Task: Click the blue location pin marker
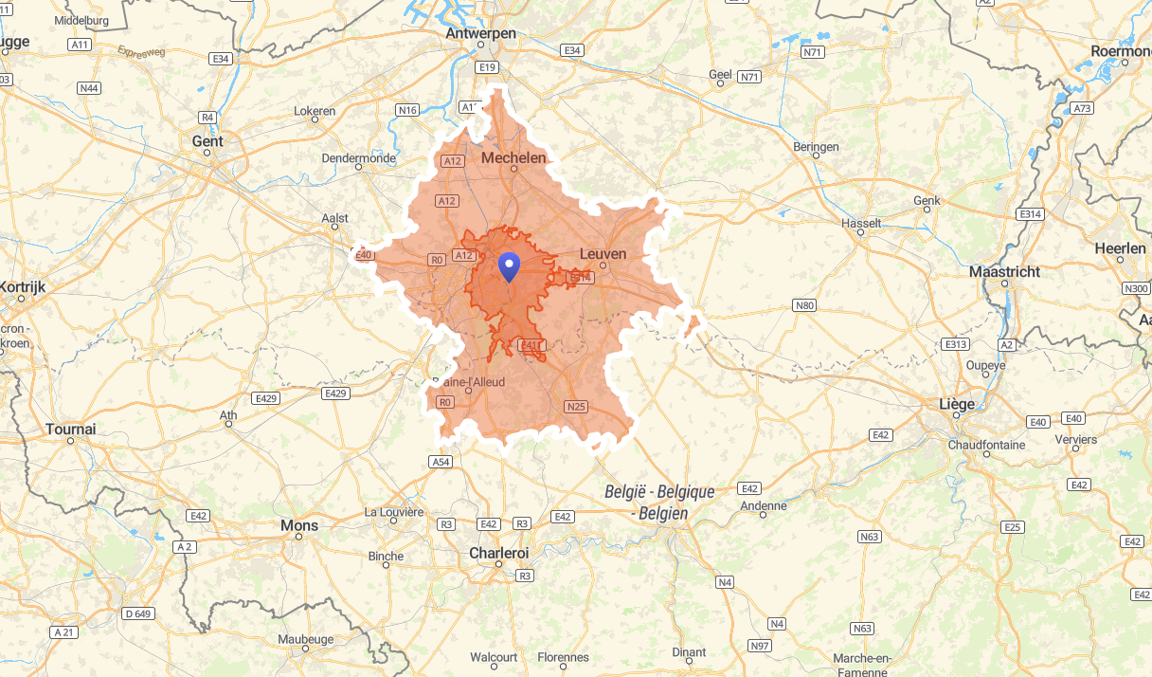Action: (x=510, y=267)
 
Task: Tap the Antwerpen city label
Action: (x=481, y=34)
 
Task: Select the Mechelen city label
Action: (x=514, y=158)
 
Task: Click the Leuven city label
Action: (x=603, y=254)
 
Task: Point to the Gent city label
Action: (x=207, y=141)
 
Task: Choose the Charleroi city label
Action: (x=498, y=553)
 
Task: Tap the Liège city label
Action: (x=956, y=404)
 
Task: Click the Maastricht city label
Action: (x=1004, y=272)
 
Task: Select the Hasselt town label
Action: (x=861, y=224)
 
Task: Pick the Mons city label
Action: (x=299, y=525)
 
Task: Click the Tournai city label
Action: (x=71, y=430)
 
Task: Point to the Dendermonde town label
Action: (x=359, y=158)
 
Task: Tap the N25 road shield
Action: (x=575, y=407)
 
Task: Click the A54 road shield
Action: (x=441, y=462)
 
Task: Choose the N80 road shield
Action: (x=804, y=305)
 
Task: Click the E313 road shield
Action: (x=956, y=344)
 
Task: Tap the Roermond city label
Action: (x=1121, y=51)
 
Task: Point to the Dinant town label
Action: (x=689, y=652)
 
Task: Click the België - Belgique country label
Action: (x=660, y=493)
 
